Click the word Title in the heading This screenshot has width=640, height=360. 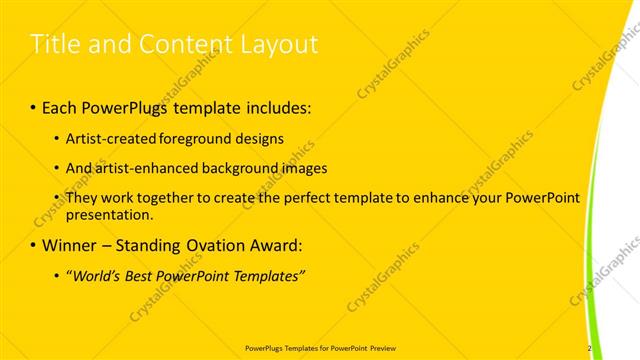(x=56, y=44)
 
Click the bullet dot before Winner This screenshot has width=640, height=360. (x=34, y=245)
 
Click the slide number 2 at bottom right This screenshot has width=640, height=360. (x=590, y=348)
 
